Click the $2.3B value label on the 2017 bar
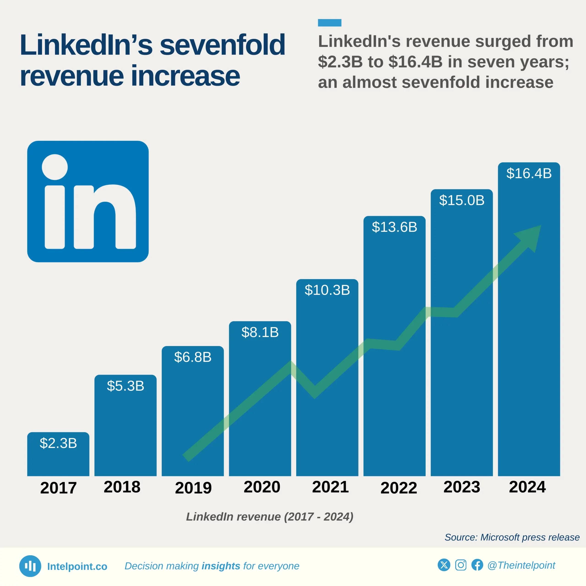tap(58, 443)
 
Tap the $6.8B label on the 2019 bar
tap(193, 357)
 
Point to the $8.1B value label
tap(260, 332)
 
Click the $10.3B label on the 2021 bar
tap(327, 290)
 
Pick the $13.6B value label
tap(394, 227)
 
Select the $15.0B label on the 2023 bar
tap(462, 200)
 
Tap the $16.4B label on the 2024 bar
tap(529, 174)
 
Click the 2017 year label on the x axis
tap(58, 488)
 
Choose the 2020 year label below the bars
tap(262, 487)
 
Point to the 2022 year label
tap(399, 488)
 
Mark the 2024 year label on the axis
tap(527, 487)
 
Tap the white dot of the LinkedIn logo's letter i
tap(55, 167)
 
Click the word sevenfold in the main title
tap(222, 45)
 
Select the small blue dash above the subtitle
tap(329, 23)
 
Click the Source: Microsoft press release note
tap(512, 537)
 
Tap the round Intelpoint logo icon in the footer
tap(30, 566)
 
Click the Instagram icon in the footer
tap(460, 565)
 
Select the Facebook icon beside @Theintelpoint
tap(477, 565)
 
